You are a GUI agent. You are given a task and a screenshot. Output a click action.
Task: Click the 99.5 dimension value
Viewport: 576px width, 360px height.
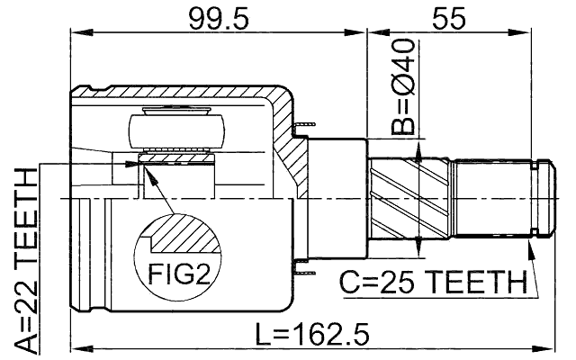[x=220, y=18]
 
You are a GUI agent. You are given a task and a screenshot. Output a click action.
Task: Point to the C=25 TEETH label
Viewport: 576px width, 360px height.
[x=432, y=283]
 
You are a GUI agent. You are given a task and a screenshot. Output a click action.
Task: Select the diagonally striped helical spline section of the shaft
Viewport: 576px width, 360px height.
[x=409, y=196]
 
